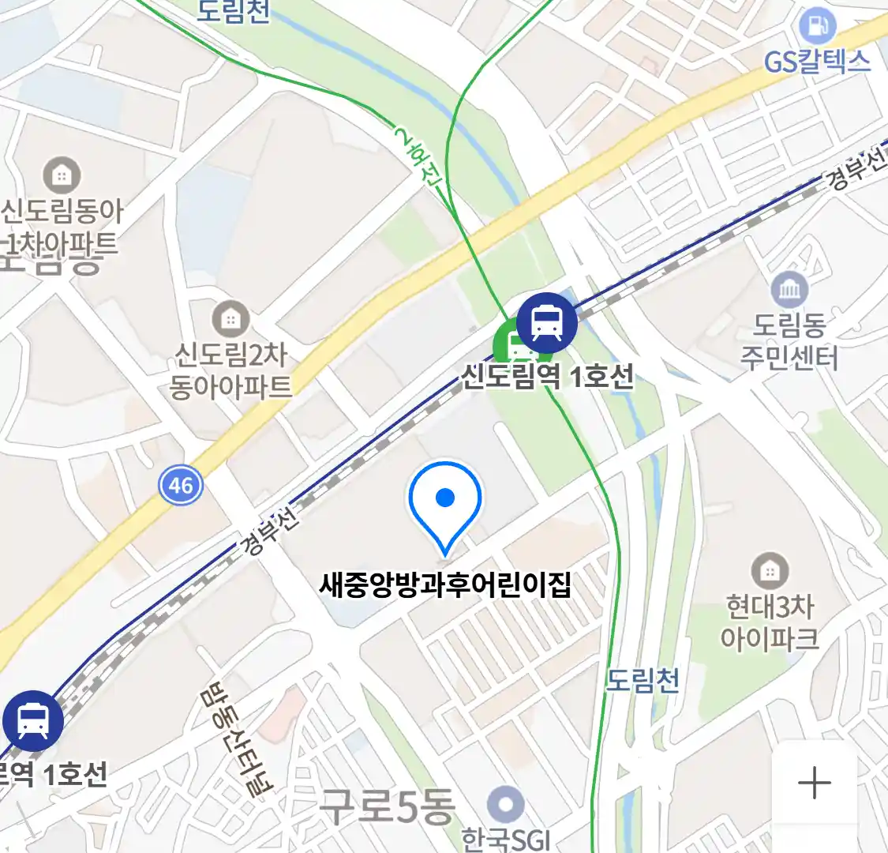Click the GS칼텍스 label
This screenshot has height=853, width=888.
coord(817,62)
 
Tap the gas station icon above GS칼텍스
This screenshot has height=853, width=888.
coord(817,26)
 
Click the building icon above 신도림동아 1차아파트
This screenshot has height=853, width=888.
coord(62,175)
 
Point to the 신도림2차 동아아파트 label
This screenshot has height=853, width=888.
coord(230,370)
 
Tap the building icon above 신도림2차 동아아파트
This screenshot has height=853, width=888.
coord(230,319)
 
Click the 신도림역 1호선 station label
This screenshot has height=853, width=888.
coord(547,376)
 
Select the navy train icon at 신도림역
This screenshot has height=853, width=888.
coord(546,322)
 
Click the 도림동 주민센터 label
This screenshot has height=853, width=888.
coord(789,341)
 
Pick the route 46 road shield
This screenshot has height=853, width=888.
coord(181,484)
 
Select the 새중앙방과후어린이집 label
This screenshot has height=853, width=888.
coord(445,585)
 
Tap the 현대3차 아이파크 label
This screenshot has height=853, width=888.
coord(770,622)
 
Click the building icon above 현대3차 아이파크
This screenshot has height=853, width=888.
coord(770,570)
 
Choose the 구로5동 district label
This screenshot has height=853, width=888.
coord(388,806)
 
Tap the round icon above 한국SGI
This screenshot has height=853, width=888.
coord(505,806)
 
